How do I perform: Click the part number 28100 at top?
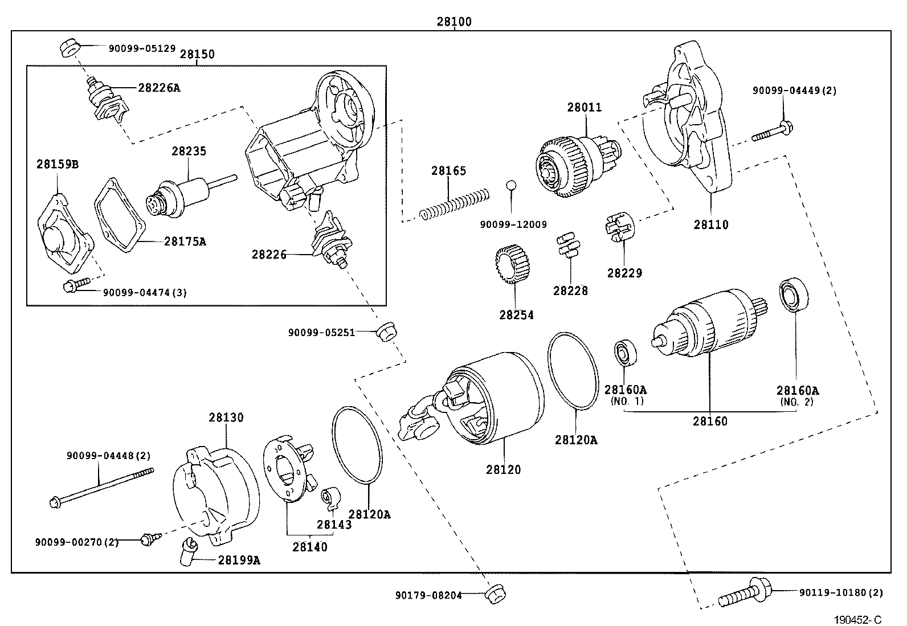pyautogui.click(x=454, y=22)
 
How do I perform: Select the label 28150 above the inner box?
pyautogui.click(x=197, y=54)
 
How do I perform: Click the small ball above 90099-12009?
pyautogui.click(x=511, y=185)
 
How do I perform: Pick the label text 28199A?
pyautogui.click(x=239, y=560)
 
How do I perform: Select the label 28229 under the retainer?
pyautogui.click(x=624, y=273)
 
